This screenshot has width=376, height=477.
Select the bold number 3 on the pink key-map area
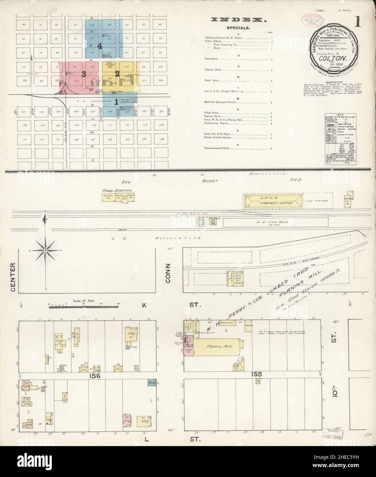coord(83,73)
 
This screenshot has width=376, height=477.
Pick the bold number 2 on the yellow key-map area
coord(117,73)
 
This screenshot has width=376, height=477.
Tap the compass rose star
coord(45,252)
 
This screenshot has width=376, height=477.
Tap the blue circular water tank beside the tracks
coord(200,223)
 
